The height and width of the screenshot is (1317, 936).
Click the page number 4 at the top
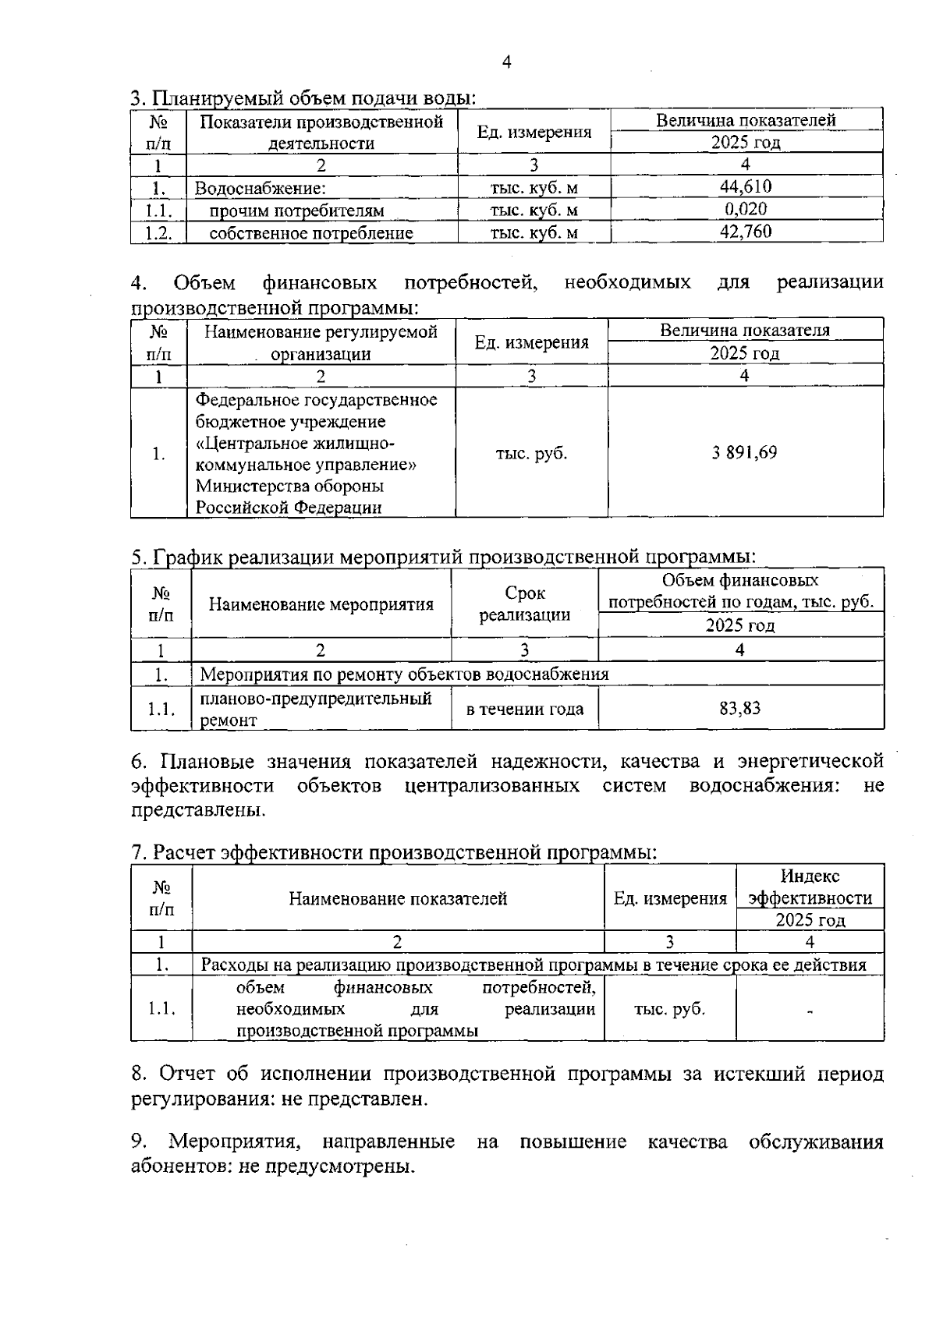click(507, 62)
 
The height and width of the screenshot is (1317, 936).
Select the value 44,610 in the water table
click(746, 186)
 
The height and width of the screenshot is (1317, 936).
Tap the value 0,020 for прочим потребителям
click(746, 209)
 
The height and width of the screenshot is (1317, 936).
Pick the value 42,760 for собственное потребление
click(746, 232)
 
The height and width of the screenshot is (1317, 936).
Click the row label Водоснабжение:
click(260, 188)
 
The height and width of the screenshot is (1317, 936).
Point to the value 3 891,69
click(744, 453)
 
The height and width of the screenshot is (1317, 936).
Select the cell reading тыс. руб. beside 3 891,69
click(531, 454)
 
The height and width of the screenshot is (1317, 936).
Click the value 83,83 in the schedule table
click(739, 708)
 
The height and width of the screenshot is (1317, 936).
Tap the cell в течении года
click(524, 709)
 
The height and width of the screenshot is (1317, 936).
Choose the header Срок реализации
click(524, 604)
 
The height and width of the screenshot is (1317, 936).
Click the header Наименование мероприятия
click(321, 604)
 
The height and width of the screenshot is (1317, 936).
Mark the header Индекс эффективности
click(810, 887)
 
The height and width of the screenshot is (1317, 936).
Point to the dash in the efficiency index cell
click(810, 1011)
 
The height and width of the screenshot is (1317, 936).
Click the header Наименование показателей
click(398, 898)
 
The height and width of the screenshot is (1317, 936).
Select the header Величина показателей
click(746, 120)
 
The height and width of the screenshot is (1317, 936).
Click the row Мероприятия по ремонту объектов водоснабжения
click(404, 674)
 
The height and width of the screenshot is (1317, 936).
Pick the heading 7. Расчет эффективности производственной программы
click(394, 852)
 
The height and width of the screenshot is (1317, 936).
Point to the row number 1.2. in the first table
click(158, 233)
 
